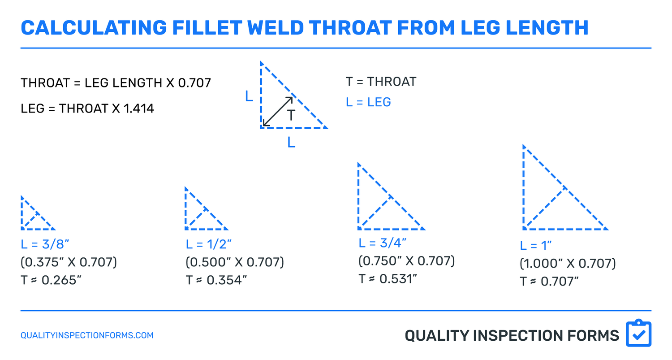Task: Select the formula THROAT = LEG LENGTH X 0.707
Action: (x=116, y=83)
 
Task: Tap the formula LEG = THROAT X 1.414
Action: (x=87, y=108)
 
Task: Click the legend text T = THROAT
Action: (x=381, y=82)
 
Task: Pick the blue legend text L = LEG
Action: (x=368, y=102)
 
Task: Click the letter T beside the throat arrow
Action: (x=291, y=116)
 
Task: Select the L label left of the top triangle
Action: (x=249, y=96)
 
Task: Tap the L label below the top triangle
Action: (x=291, y=143)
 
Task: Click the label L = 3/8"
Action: (x=44, y=244)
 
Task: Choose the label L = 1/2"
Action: (x=209, y=244)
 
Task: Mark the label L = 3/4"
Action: (x=383, y=243)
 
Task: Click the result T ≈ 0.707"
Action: (x=549, y=282)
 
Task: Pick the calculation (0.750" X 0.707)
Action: (x=406, y=260)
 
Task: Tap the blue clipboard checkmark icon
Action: (x=638, y=334)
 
